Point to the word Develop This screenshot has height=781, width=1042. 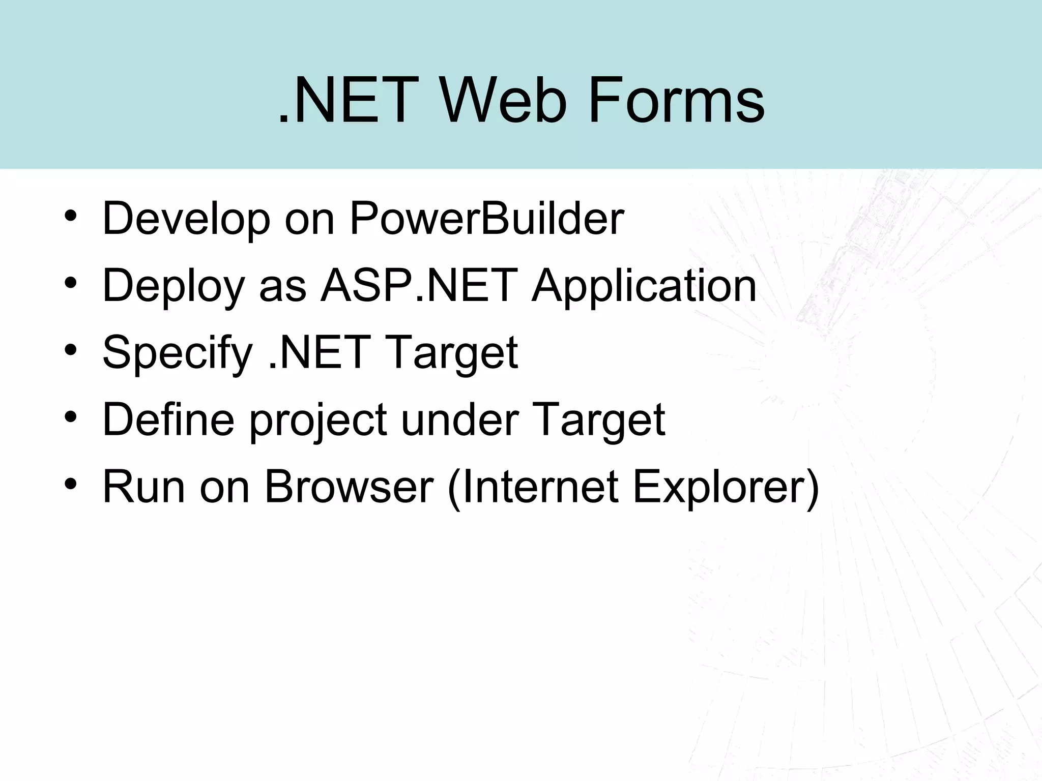[x=186, y=220]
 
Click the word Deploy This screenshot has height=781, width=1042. [x=173, y=287]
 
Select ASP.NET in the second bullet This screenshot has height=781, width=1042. [x=419, y=286]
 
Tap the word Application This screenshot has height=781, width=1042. [x=644, y=287]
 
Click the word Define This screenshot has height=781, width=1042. [x=168, y=420]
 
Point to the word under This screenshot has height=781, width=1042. [x=460, y=420]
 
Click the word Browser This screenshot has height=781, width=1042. [x=349, y=487]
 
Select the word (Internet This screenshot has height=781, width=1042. [x=532, y=487]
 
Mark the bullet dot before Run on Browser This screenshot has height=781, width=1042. [x=70, y=484]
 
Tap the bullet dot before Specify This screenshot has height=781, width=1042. [x=70, y=349]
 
